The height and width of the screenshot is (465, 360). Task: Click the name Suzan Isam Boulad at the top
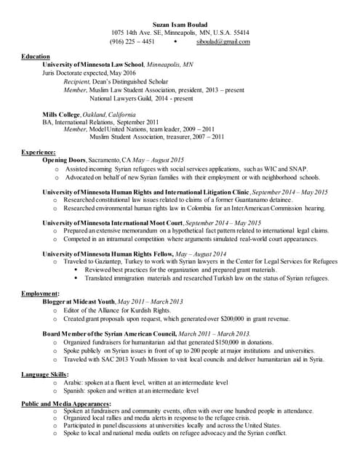180,23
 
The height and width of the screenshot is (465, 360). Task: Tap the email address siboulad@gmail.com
223,42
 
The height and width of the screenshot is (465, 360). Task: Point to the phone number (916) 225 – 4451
132,42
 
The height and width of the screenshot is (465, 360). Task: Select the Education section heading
36,57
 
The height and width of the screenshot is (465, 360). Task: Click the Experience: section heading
39,152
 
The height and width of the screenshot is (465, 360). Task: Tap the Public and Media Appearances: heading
65,403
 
